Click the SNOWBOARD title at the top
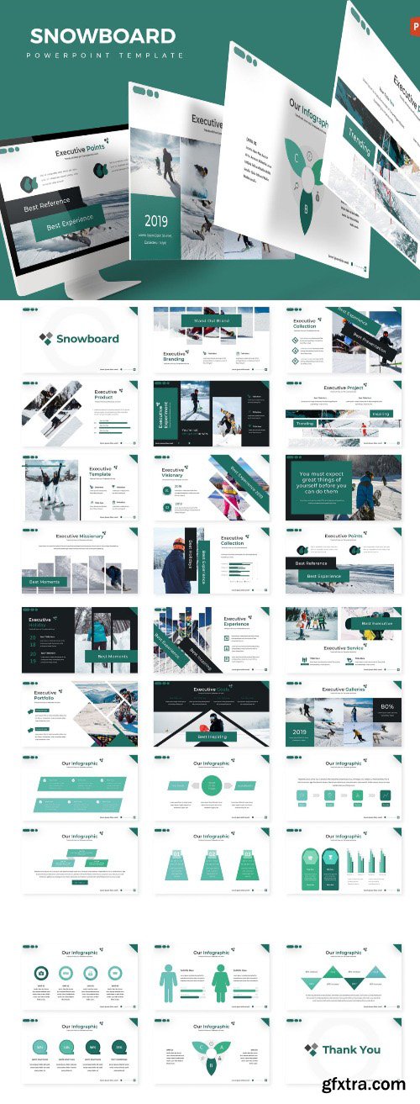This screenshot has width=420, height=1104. (102, 35)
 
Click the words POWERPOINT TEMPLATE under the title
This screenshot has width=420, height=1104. (106, 55)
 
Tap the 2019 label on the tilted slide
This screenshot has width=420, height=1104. (156, 221)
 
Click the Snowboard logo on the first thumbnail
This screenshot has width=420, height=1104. (80, 339)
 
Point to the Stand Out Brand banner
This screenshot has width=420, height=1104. (211, 320)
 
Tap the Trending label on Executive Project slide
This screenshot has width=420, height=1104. (304, 424)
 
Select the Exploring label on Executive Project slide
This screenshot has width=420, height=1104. (381, 414)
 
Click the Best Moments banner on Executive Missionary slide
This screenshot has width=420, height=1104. (45, 581)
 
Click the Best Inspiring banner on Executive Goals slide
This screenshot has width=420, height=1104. (212, 736)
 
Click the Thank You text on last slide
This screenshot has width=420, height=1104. (351, 1049)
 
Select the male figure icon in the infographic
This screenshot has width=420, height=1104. (168, 983)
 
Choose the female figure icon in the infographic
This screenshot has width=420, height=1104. (221, 983)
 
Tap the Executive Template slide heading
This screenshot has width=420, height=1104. (101, 472)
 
